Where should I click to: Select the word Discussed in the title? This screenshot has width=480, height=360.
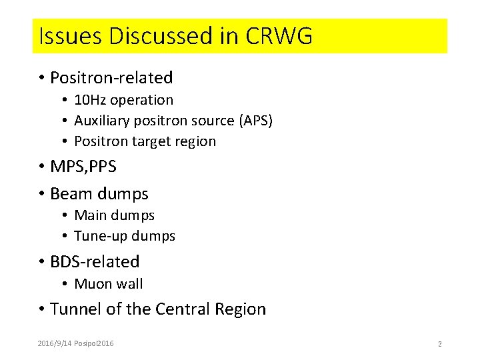coord(157,36)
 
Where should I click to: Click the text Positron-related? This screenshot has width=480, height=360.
coord(111,78)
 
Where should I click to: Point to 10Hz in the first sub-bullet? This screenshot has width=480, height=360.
coord(90,100)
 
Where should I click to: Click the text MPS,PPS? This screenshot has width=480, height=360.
coord(83,167)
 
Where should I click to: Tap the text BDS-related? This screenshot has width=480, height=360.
coord(95,261)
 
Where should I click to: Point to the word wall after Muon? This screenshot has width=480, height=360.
coord(128,284)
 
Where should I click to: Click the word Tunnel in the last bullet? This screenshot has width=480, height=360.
coord(74,309)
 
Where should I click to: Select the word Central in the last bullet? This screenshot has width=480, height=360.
coord(183,309)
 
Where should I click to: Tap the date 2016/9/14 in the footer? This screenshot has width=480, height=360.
coord(54,343)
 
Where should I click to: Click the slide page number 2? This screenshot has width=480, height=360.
coord(439,344)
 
